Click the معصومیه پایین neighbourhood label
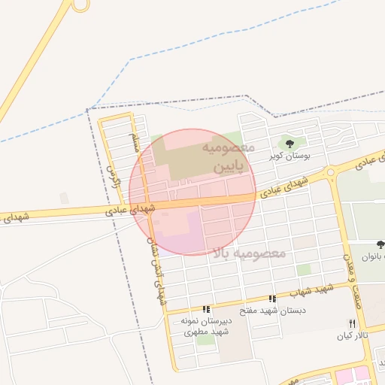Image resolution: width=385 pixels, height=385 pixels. [229, 157]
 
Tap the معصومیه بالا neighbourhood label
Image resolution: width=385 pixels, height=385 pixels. [250, 253]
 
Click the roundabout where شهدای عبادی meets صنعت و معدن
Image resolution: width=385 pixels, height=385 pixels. [329, 174]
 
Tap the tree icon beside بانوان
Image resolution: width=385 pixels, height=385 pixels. [380, 245]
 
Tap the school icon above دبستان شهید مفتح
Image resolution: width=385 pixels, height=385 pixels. [271, 299]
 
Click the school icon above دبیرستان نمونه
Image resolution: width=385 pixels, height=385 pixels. [206, 309]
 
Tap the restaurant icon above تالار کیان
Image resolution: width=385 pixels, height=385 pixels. [352, 323]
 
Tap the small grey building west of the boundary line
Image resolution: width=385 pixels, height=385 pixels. [65, 198]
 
